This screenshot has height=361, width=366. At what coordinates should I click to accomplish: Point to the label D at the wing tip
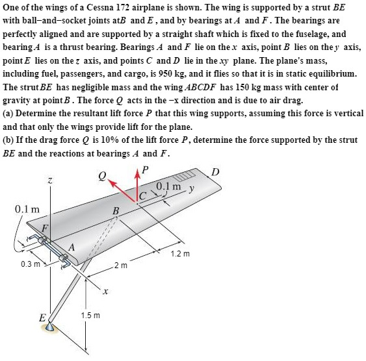[215, 171]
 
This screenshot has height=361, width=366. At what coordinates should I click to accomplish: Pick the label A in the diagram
[72, 247]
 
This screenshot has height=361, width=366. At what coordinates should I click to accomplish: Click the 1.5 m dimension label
[90, 316]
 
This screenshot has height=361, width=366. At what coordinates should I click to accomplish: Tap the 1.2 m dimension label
[179, 253]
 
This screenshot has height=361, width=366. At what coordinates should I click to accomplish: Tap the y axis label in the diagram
[192, 190]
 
